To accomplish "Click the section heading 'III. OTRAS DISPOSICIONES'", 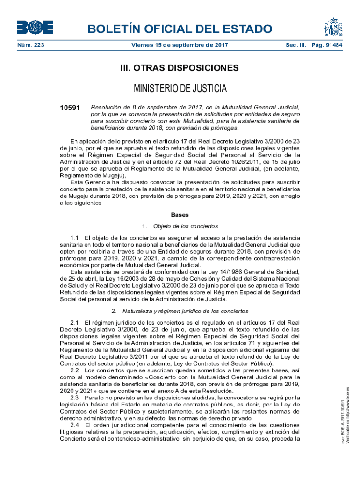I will (x=180, y=68).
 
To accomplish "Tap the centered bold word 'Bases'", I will (x=180, y=215).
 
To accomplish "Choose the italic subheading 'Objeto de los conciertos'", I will (x=186, y=226).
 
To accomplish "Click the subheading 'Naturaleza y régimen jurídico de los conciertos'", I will (x=186, y=311).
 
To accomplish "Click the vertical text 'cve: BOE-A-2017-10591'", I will (x=343, y=421).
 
